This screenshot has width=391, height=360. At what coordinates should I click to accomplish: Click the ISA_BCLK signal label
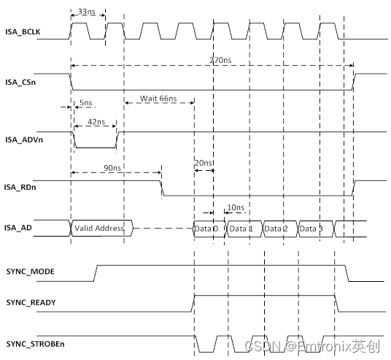[x=22, y=33]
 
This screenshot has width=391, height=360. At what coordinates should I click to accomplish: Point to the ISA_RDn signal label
[x=20, y=186]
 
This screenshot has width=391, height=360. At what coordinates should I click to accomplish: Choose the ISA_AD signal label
[x=18, y=228]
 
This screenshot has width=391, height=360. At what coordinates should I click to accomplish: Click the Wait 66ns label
[x=158, y=99]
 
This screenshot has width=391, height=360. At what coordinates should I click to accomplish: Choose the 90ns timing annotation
[x=113, y=168]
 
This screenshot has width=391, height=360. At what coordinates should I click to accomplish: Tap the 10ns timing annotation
[x=235, y=208]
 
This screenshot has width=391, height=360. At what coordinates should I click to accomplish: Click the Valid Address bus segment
[x=100, y=228]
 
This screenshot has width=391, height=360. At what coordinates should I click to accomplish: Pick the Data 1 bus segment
[x=241, y=228]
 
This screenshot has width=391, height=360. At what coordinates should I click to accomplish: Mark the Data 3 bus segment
[x=311, y=228]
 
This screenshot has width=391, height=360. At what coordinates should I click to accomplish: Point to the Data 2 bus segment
[x=276, y=228]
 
